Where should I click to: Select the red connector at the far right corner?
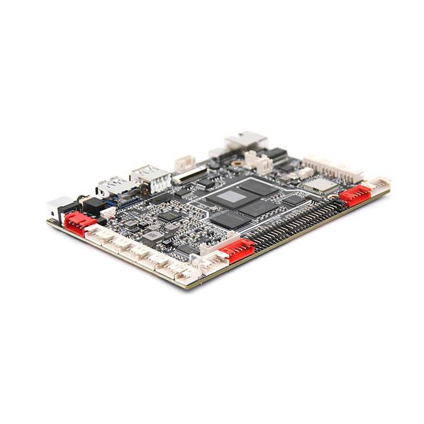point(354,195)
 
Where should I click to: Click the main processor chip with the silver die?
point(233,198)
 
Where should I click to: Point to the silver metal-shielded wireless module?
point(319,184)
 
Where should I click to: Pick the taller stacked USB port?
point(152,178)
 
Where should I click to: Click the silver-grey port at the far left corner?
point(58,207)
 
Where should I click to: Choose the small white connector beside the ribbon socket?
point(184,162)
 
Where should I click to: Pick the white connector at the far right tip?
point(379,184)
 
